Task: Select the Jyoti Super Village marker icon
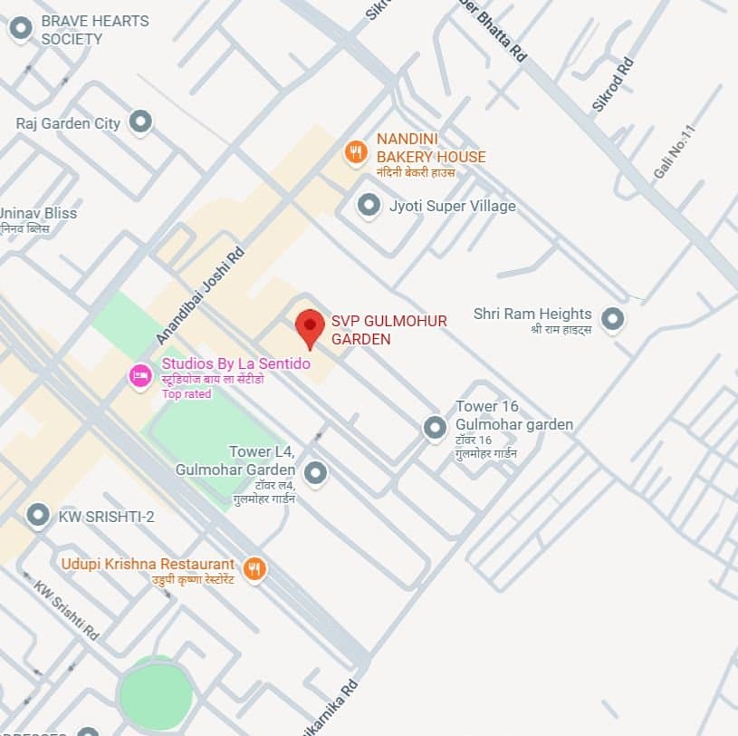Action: coord(369,206)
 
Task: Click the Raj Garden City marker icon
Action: coord(139,121)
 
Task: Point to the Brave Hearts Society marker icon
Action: coord(20,29)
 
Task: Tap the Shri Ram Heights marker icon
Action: coord(613,318)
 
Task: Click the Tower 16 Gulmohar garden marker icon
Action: coord(436,426)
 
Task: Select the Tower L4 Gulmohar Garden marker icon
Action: coord(315,472)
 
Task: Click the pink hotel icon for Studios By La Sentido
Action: coord(140,375)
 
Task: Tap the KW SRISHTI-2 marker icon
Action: coord(38,516)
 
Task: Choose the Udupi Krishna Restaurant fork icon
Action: coord(255,568)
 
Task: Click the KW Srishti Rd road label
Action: coord(66,610)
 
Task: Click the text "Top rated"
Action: coord(187,393)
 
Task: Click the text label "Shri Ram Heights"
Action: coord(532,314)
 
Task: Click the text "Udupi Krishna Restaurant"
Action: coord(148,564)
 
